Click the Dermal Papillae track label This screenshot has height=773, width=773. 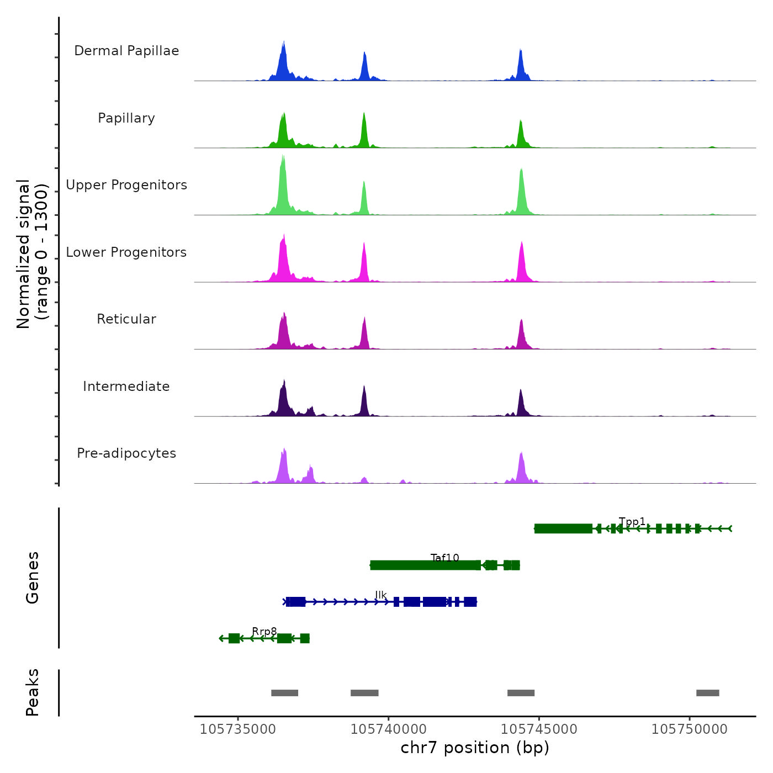pos(126,51)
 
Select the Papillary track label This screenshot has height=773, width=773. pos(126,118)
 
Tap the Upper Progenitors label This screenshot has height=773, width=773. pos(126,185)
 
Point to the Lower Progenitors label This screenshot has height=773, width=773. pos(126,252)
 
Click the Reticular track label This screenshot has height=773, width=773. pos(126,319)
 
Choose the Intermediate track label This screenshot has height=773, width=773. pos(126,386)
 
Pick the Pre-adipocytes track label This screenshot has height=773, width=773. pos(126,453)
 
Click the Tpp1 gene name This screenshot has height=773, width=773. pos(632,522)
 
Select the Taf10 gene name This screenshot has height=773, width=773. pos(445,558)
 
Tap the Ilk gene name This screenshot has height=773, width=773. pos(381,595)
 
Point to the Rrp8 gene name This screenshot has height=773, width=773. pos(264,632)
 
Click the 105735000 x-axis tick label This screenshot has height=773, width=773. pos(238,729)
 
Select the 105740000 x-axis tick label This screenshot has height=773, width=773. pos(389,729)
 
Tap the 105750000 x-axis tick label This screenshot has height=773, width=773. pos(690,729)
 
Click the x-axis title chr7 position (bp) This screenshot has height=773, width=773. pos(475,748)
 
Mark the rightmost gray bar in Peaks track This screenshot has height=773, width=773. pos(708,693)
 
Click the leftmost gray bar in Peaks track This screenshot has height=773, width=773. pos(285,693)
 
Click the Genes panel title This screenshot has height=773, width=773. pos(33,578)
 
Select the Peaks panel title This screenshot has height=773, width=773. pos(33,692)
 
